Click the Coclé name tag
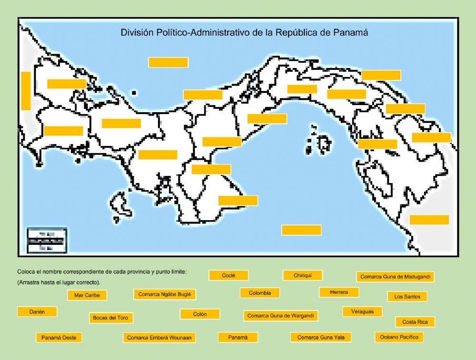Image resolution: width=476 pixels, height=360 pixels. pyautogui.click(x=228, y=275)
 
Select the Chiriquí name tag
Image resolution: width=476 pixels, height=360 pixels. pyautogui.click(x=302, y=275)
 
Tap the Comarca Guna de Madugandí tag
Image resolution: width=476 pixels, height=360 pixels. pyautogui.click(x=395, y=277)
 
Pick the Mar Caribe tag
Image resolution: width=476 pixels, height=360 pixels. pyautogui.click(x=87, y=295)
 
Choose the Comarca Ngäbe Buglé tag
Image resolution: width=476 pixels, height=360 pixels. pyautogui.click(x=164, y=294)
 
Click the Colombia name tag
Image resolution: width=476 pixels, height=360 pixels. pyautogui.click(x=260, y=293)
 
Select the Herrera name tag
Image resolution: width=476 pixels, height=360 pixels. pyautogui.click(x=339, y=292)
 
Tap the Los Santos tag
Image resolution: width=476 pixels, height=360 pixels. pyautogui.click(x=407, y=296)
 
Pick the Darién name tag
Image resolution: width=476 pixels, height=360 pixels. pyautogui.click(x=37, y=311)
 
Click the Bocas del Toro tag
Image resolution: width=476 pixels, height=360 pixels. pyautogui.click(x=111, y=318)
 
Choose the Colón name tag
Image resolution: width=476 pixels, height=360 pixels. pyautogui.click(x=200, y=314)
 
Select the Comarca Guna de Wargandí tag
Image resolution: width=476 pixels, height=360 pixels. pyautogui.click(x=281, y=315)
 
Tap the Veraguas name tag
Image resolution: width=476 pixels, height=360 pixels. pyautogui.click(x=362, y=311)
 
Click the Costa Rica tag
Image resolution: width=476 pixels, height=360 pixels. pyautogui.click(x=415, y=322)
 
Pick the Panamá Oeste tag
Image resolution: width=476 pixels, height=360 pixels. pyautogui.click(x=59, y=338)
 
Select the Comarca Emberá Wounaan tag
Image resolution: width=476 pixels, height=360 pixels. pyautogui.click(x=159, y=338)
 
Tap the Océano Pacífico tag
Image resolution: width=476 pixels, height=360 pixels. pyautogui.click(x=399, y=337)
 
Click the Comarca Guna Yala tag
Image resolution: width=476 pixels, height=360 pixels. pyautogui.click(x=324, y=338)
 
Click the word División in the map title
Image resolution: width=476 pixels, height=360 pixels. pyautogui.click(x=137, y=33)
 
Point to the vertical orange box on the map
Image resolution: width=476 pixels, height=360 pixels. pyautogui.click(x=26, y=90)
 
